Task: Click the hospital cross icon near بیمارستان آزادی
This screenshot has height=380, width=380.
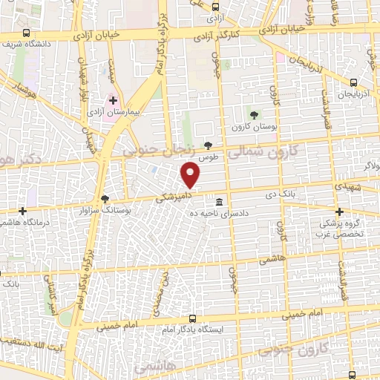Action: [113, 99]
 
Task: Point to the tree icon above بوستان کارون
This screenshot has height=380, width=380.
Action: [255, 114]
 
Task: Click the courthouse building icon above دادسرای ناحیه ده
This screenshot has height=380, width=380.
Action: [220, 202]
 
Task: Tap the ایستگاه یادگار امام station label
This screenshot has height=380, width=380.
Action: [194, 327]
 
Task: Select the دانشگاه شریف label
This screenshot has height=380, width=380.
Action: [27, 44]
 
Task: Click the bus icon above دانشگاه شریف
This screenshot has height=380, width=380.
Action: [27, 33]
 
